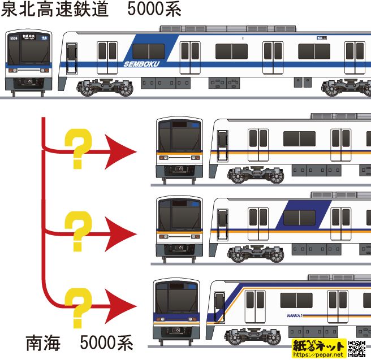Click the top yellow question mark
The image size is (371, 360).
(x=77, y=148)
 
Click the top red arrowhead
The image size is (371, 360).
(x=121, y=152)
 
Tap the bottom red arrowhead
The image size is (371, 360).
(x=121, y=308)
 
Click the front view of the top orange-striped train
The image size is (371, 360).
(x=179, y=149)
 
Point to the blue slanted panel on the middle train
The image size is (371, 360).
(x=309, y=212)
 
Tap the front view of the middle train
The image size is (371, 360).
(x=179, y=229)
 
